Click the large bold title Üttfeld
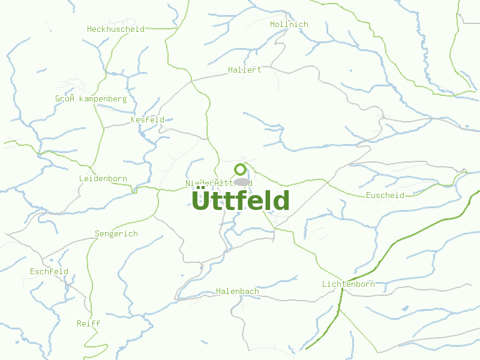[x=241, y=200]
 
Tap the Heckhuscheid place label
[x=116, y=29]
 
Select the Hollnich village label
[x=289, y=25]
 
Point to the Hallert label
[x=245, y=70]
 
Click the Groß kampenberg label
[x=91, y=98]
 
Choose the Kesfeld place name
[x=148, y=120]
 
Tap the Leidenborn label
[x=103, y=179]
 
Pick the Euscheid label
[x=385, y=196]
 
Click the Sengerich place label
[x=116, y=234]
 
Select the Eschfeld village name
[x=49, y=272]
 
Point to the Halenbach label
[x=238, y=292]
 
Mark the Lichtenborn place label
[x=348, y=284]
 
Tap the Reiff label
[x=89, y=324]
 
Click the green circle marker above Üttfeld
[x=241, y=169]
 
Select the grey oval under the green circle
[x=242, y=181]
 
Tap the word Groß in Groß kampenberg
[x=65, y=98]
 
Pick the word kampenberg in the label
[x=103, y=98]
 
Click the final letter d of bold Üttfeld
[x=281, y=200]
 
